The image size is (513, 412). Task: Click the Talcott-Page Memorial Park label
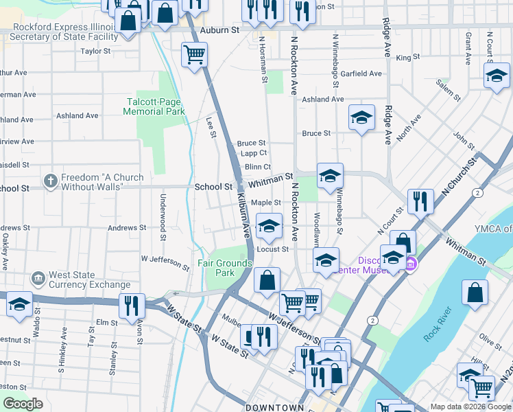click(156, 106)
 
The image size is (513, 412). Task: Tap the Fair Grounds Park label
click(216, 268)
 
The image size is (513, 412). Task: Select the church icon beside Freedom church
click(50, 181)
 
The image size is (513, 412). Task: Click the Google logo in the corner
click(23, 404)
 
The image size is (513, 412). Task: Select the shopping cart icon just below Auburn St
click(195, 54)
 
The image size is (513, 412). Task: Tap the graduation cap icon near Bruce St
click(361, 117)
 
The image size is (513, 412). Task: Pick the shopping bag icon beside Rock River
click(475, 293)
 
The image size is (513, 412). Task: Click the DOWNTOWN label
click(274, 407)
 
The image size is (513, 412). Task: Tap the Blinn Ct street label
click(257, 167)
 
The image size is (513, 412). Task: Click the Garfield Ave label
click(361, 73)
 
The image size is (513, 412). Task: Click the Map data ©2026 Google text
click(470, 407)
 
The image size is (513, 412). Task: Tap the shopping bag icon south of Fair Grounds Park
click(267, 280)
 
